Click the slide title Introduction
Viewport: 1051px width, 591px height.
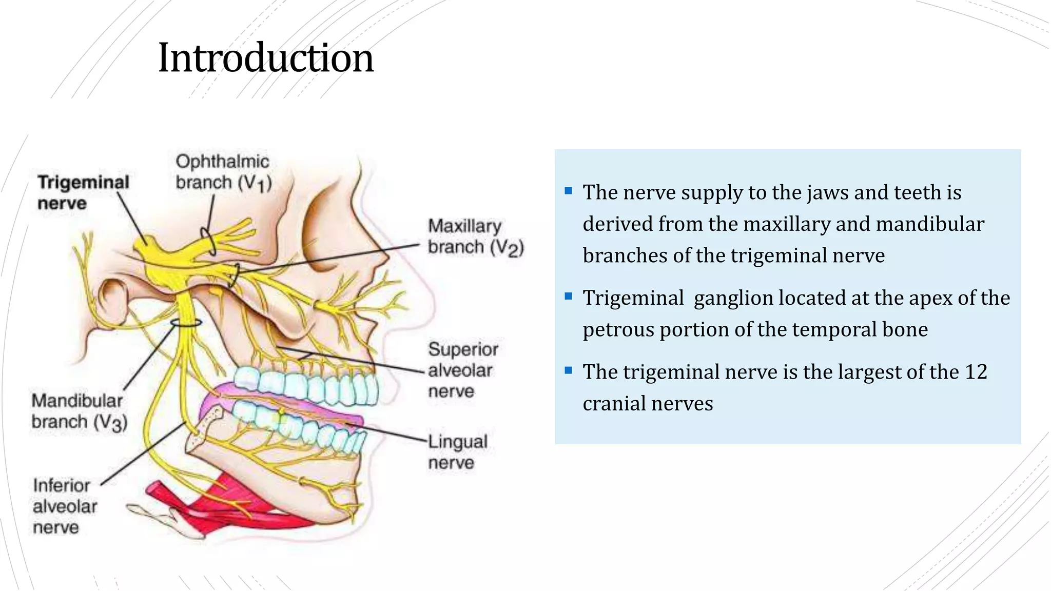[265, 57]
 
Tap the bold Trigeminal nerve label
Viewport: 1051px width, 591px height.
[83, 192]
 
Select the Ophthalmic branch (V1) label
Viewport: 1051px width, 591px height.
[223, 172]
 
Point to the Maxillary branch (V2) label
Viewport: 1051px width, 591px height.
[475, 237]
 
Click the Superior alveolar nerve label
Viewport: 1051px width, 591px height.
[462, 370]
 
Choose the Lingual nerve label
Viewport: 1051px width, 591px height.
[457, 452]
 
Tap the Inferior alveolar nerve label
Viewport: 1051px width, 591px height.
[64, 506]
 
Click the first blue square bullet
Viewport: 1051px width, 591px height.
[568, 191]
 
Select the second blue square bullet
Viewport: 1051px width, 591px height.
[568, 297]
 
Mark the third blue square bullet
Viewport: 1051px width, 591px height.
[568, 370]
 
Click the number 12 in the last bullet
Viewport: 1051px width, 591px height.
[976, 372]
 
